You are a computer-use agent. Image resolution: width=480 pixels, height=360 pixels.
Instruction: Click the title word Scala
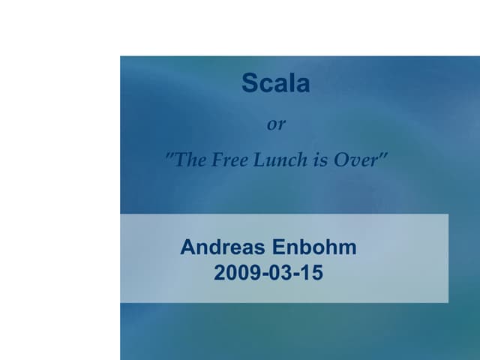pyautogui.click(x=275, y=84)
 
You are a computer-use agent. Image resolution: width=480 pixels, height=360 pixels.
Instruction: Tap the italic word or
pyautogui.click(x=277, y=124)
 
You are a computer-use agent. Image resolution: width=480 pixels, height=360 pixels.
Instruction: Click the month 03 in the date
pyautogui.click(x=275, y=273)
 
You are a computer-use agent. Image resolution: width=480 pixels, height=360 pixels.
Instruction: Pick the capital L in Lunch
pyautogui.click(x=256, y=160)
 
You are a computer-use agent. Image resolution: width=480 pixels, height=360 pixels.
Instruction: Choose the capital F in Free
pyautogui.click(x=214, y=160)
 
